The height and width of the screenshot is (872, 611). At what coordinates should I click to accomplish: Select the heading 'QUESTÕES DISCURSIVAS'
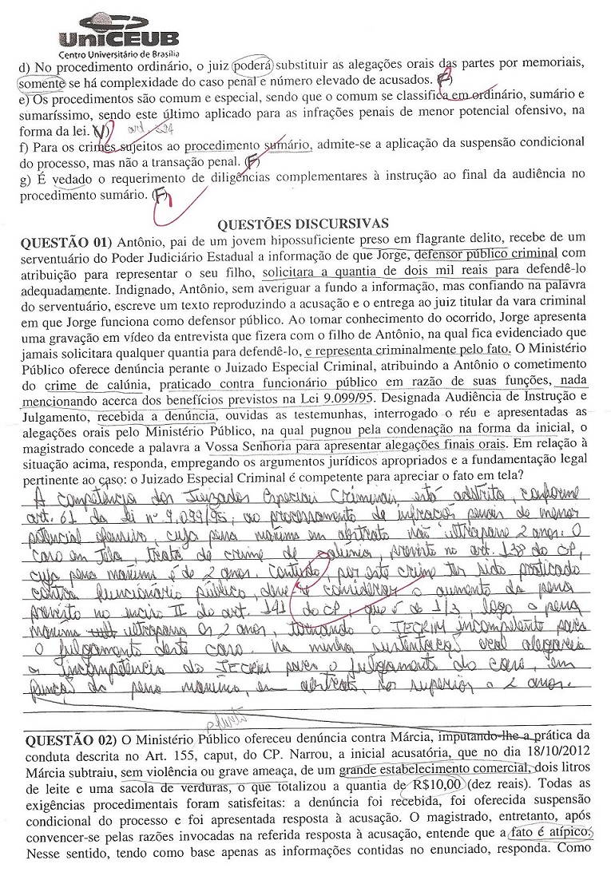pyautogui.click(x=303, y=223)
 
